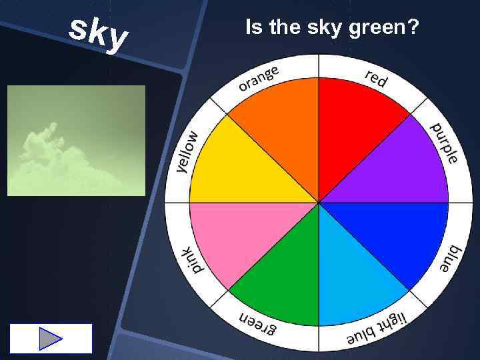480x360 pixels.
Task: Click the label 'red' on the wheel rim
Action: click(376, 78)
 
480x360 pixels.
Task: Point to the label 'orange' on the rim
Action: click(259, 78)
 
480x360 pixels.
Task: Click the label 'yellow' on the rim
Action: click(189, 151)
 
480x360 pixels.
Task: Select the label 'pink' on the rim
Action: click(192, 259)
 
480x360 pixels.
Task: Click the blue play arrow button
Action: click(51, 339)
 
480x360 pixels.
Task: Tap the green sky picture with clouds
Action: click(76, 140)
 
